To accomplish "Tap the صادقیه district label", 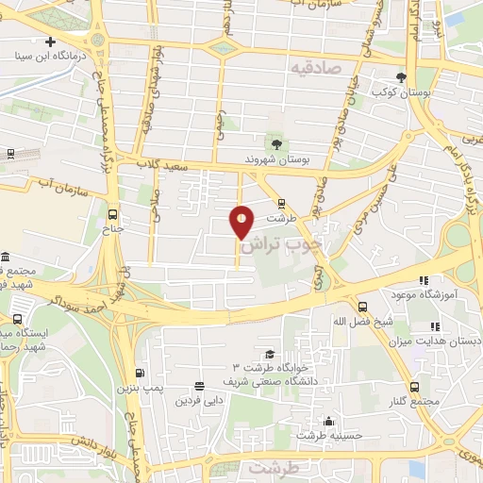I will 314,69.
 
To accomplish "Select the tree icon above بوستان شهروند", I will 275,143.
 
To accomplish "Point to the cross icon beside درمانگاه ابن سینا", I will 51,42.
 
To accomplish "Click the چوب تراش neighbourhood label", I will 281,243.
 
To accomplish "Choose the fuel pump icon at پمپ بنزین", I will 141,372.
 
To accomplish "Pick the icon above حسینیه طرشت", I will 328,421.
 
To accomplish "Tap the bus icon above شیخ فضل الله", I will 363,307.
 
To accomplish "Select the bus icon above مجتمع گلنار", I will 415,387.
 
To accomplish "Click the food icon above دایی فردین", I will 199,385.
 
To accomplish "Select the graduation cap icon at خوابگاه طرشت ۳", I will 271,352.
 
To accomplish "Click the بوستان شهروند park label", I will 274,159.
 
